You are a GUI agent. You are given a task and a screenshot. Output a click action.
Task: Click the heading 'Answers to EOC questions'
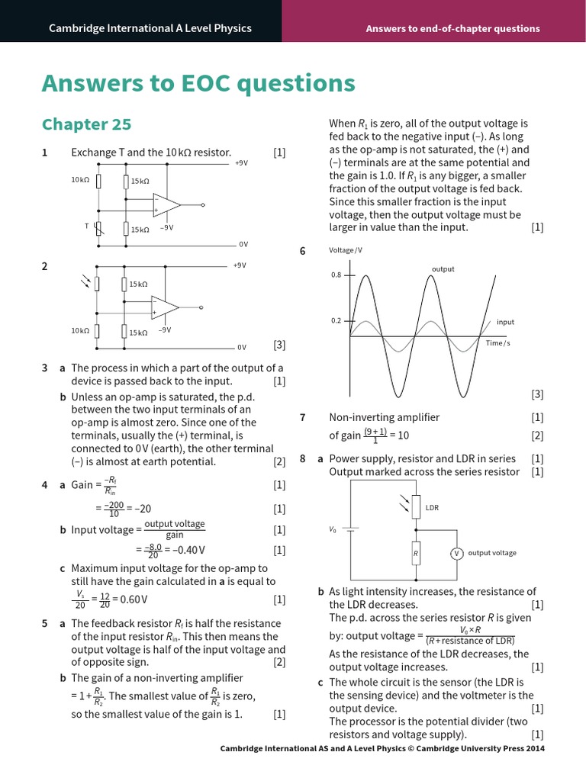pos(198,83)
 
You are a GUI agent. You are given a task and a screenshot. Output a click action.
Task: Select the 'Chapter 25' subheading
pos(86,124)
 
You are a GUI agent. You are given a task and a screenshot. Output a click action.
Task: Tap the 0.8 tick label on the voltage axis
pos(336,275)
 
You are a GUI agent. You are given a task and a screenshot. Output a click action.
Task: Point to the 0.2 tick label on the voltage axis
pos(336,321)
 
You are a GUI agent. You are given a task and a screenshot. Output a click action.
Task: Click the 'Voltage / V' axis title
pos(346,250)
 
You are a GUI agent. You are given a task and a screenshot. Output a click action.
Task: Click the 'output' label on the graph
pos(443,268)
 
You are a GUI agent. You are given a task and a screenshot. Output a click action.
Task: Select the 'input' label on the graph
pos(505,322)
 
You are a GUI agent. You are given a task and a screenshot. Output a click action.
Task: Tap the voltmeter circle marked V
pos(456,553)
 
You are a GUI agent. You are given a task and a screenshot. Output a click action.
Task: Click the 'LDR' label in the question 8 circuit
pos(432,507)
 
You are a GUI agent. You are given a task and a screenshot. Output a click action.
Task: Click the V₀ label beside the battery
pos(333,529)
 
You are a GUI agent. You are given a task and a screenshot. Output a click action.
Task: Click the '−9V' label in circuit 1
pos(166,227)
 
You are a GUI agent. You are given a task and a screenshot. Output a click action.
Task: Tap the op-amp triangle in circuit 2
pos(164,307)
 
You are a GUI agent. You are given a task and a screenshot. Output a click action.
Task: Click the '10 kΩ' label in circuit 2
pos(80,331)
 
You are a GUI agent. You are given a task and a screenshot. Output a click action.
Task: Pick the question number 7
pos(303,417)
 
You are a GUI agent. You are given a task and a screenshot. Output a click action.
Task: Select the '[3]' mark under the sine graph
pos(537,394)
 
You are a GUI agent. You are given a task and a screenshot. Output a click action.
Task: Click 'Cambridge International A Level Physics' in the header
pos(150,28)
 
